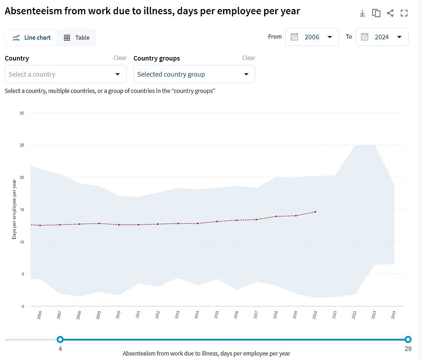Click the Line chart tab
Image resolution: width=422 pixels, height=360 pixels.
[x=32, y=38]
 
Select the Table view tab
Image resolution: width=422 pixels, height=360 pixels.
[x=77, y=38]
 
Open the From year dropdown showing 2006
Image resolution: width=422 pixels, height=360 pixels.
[x=312, y=37]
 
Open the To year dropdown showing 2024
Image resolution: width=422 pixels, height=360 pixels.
[x=382, y=37]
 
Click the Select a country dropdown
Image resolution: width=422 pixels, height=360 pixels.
[x=65, y=74]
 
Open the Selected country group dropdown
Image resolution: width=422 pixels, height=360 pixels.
[x=194, y=74]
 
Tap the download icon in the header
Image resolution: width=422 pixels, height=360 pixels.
[x=362, y=13]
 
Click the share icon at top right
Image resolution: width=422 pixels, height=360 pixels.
[x=390, y=13]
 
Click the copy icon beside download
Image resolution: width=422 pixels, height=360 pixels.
[x=376, y=13]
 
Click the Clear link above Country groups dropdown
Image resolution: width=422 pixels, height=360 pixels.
[x=248, y=58]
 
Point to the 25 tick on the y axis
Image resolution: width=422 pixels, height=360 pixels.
[x=22, y=145]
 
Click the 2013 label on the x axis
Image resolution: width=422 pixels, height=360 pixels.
[x=177, y=315]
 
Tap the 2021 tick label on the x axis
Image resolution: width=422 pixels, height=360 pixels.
[x=335, y=315]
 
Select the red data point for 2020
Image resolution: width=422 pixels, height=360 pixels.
[x=315, y=212]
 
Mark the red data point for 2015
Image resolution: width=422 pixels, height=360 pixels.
[x=217, y=222]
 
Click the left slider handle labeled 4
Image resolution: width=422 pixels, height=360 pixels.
[x=60, y=339]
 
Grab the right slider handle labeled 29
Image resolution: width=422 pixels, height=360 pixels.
[x=408, y=339]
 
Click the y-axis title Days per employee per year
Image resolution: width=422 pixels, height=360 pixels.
[x=14, y=209]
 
